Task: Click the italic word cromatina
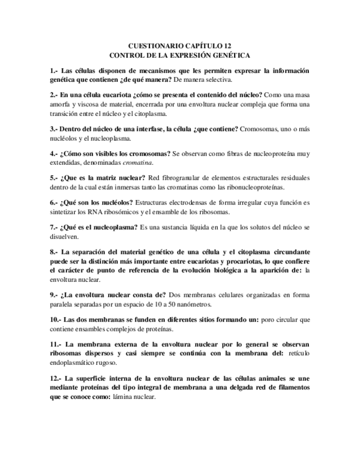137,163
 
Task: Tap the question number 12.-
56,379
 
